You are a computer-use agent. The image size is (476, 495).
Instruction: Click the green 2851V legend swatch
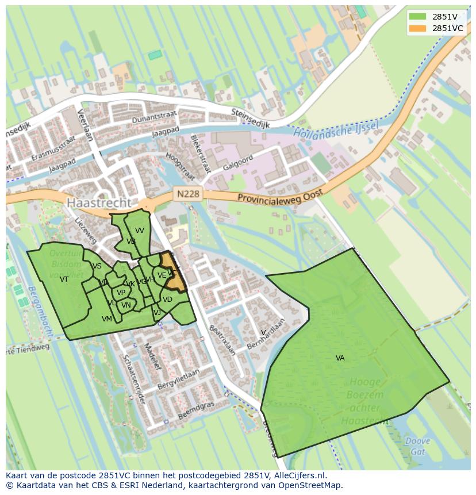pos(418,17)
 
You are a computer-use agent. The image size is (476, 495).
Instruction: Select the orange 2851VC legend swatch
pos(418,28)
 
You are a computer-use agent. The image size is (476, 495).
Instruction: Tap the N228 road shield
pos(188,194)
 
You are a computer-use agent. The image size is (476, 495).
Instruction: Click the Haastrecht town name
pos(99,203)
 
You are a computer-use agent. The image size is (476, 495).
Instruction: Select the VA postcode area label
pos(340,358)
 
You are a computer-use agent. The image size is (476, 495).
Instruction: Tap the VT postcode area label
pos(64,279)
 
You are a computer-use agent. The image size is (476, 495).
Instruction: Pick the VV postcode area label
pos(139,231)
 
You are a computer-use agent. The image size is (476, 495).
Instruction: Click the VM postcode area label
pos(107,319)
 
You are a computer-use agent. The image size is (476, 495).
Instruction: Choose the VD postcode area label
pos(167,300)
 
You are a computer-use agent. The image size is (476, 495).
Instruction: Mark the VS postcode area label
pos(97,266)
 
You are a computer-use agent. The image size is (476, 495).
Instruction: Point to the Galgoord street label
pos(237,162)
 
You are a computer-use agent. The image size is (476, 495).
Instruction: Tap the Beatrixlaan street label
pos(222,340)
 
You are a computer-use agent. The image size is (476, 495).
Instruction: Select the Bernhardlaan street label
pos(266,334)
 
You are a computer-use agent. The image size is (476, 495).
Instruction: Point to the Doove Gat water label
pos(417,446)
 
